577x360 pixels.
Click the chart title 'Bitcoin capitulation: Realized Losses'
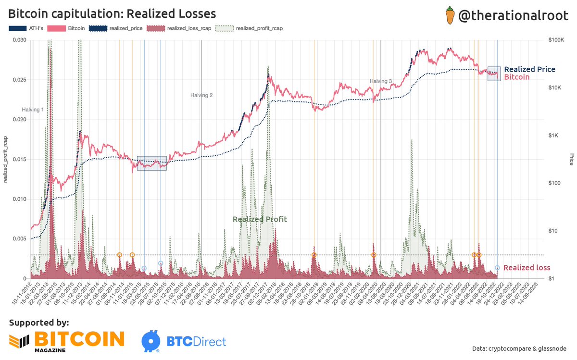pos(112,13)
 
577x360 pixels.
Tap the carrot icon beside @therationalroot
pos(450,16)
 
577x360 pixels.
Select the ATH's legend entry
pos(26,28)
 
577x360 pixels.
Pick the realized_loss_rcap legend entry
pos(188,28)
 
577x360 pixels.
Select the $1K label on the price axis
pos(557,136)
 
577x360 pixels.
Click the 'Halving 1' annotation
pos(33,110)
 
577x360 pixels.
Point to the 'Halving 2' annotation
pos(201,95)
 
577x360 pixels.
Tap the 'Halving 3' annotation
pos(381,81)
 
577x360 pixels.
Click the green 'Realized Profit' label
pos(260,219)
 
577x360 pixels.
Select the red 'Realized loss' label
pos(527,268)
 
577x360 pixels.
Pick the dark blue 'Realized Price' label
pos(529,70)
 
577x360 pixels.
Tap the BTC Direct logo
pos(184,341)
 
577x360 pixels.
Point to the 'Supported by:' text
pos(39,322)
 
